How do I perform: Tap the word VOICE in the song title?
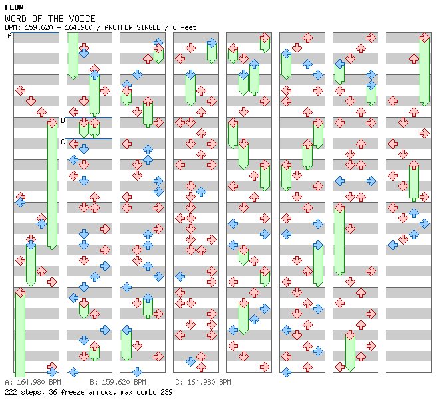[x=82, y=19]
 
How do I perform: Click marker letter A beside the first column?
[x=10, y=36]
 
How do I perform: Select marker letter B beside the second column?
[x=63, y=120]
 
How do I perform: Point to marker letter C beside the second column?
[x=63, y=142]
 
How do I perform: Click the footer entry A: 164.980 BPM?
[x=33, y=382]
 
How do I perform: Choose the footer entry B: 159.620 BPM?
[x=118, y=382]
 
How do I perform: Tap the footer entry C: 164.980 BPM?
[x=203, y=382]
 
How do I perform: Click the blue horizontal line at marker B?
[x=89, y=118]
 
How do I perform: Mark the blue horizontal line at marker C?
[x=89, y=138]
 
